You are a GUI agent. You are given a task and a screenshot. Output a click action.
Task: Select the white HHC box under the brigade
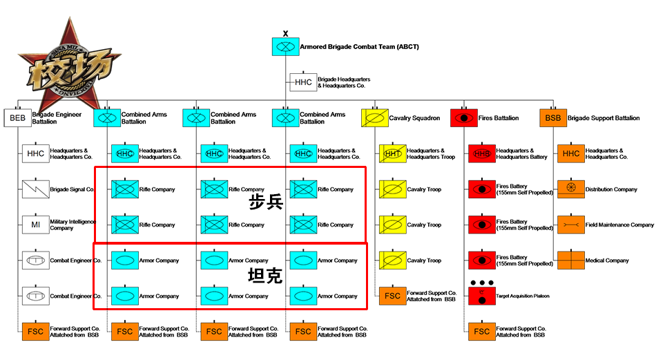pos(303,82)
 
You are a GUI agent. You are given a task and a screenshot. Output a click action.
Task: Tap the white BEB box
pos(17,118)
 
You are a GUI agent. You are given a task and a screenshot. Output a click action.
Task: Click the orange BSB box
pos(552,118)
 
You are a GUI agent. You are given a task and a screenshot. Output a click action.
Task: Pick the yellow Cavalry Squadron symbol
pos(374,118)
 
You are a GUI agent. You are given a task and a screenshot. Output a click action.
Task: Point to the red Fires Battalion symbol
pos(463,118)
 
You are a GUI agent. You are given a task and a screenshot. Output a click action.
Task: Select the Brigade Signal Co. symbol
pos(35,189)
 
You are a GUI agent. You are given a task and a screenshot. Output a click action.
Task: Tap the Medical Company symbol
pos(570,260)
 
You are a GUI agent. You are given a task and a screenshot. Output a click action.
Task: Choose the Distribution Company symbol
pos(570,189)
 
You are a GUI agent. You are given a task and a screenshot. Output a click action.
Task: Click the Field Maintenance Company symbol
pos(570,225)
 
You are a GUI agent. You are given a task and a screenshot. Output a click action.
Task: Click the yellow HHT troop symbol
pos(392,153)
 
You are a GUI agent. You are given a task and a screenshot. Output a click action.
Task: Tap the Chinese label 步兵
pos(267,202)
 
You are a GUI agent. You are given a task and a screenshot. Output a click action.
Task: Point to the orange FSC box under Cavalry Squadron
pos(392,296)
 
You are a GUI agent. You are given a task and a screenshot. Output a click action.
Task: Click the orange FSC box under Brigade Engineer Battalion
pos(35,332)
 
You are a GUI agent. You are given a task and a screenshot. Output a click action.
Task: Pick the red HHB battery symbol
pos(481,153)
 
